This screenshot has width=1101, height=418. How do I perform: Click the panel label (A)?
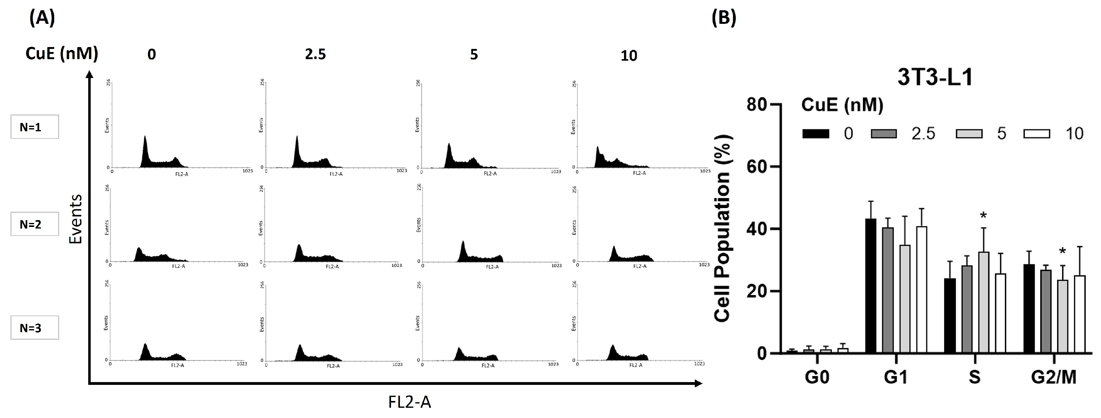[42, 19]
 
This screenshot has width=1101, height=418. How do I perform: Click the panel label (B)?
[724, 19]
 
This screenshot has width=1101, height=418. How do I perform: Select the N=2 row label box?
[35, 224]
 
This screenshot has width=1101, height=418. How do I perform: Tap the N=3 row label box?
[35, 328]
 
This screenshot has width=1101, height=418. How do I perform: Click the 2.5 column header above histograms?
[315, 55]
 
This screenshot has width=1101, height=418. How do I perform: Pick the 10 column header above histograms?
[629, 55]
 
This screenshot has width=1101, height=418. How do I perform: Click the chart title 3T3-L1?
[935, 78]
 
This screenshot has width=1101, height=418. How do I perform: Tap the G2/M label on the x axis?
[1053, 377]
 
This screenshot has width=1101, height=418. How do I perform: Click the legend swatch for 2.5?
[883, 134]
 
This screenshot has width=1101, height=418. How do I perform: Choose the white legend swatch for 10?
[1036, 134]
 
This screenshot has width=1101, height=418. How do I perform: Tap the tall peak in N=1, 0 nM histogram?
[145, 147]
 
